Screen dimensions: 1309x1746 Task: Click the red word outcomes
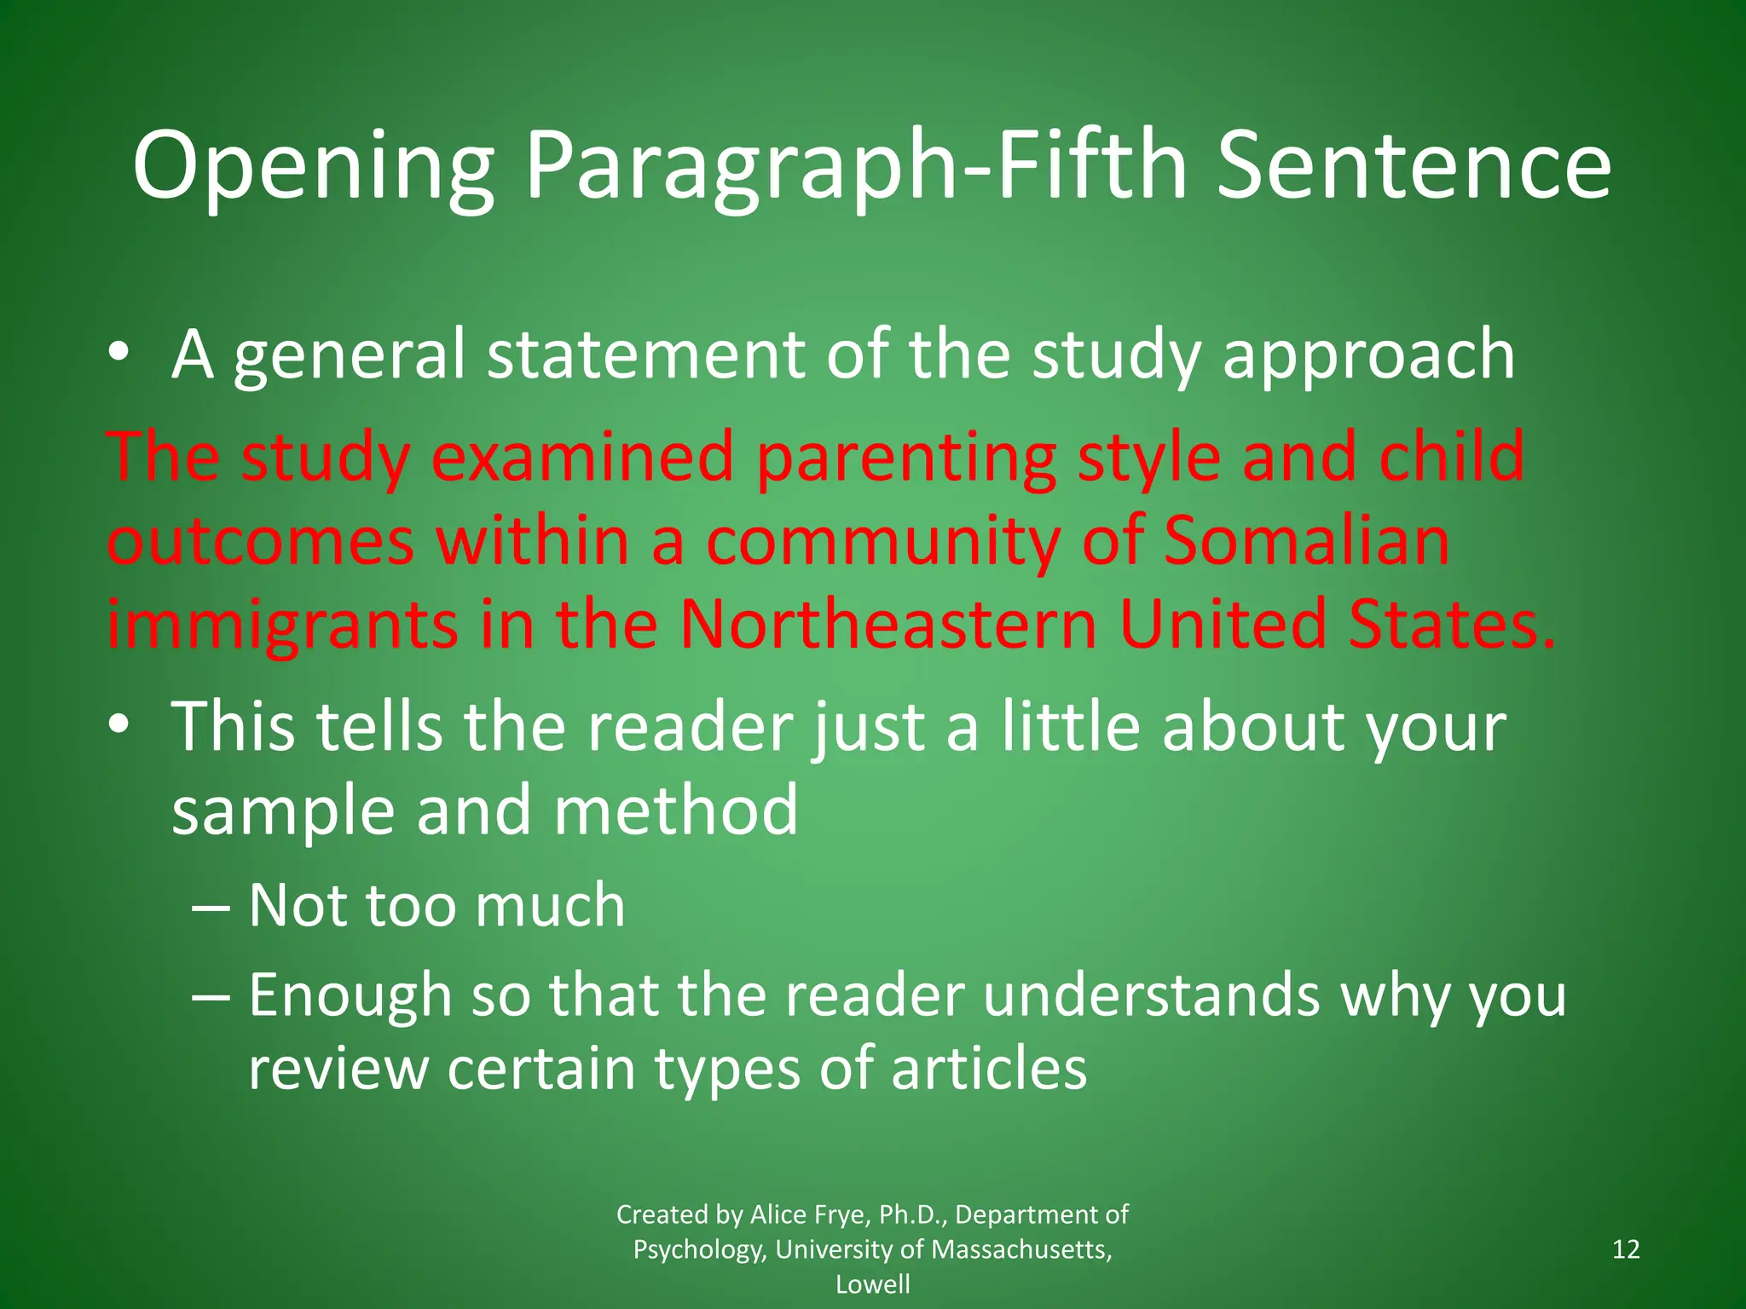click(x=261, y=542)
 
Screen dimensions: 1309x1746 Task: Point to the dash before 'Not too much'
click(x=211, y=907)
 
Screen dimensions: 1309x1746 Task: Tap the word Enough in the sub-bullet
click(x=350, y=995)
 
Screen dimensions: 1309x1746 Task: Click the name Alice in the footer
click(x=778, y=1214)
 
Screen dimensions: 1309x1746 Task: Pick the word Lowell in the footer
click(x=872, y=1284)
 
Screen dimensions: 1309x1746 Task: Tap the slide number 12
click(x=1627, y=1249)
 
